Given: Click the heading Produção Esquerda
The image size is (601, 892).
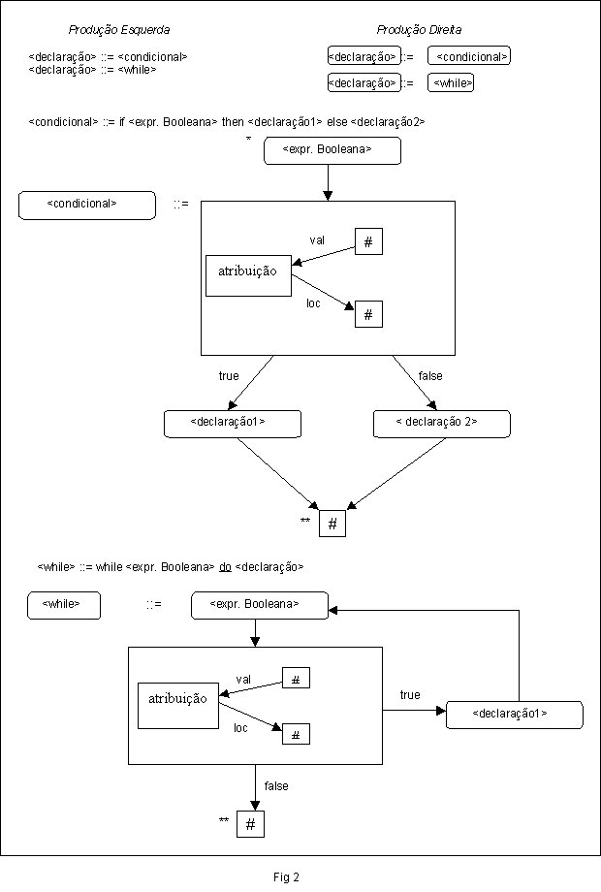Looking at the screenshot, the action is tap(119, 30).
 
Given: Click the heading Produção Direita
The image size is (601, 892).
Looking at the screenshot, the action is tap(419, 30).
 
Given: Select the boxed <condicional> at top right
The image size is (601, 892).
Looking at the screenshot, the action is tap(469, 56).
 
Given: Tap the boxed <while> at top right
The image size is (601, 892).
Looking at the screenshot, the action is tap(451, 82).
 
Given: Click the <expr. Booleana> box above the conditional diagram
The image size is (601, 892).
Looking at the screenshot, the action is tap(332, 150).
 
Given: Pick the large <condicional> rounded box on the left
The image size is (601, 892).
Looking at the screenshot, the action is tap(87, 206).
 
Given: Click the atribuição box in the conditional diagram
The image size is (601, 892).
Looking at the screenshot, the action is tap(248, 276).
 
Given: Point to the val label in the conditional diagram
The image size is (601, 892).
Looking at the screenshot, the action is tap(317, 240).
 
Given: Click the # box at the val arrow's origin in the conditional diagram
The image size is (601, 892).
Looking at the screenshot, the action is tap(368, 241).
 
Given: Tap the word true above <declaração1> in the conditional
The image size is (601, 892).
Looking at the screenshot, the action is tap(229, 376).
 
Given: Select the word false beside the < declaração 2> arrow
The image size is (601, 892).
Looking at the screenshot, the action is tap(430, 376).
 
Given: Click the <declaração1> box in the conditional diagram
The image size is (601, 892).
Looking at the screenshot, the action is tap(233, 424).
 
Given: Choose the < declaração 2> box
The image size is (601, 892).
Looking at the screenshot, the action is tap(442, 424).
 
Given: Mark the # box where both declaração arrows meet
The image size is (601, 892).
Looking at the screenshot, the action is tap(332, 524).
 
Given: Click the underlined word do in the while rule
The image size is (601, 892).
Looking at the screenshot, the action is tap(225, 567).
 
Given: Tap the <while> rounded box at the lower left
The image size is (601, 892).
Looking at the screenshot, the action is tap(64, 605).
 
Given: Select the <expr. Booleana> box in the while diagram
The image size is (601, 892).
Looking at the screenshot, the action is tap(260, 605).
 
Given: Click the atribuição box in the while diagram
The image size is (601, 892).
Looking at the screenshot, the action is tap(178, 706).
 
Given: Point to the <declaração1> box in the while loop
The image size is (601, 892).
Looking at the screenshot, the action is tap(515, 716).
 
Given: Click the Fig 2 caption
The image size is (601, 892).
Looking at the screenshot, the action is tap(286, 877).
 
